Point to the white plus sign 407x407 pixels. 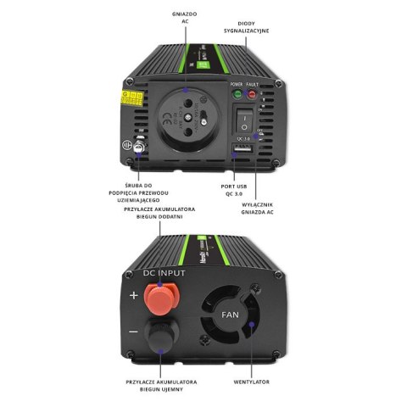[x=133, y=296]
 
